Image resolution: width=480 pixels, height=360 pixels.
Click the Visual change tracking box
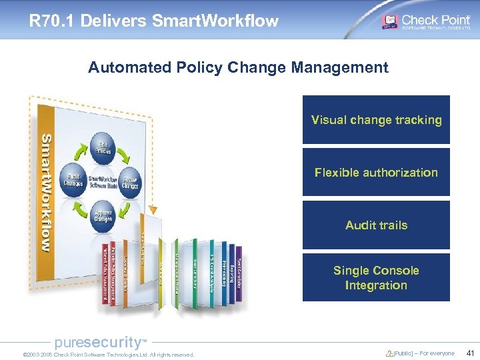[376, 120]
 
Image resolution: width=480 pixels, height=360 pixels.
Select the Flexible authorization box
[376, 172]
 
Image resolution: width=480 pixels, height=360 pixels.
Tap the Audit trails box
[376, 225]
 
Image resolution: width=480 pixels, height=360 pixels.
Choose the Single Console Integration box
[376, 277]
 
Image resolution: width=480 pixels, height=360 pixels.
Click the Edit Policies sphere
[104, 147]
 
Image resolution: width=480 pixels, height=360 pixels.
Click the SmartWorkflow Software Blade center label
[104, 181]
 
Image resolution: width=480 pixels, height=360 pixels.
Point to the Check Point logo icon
[389, 21]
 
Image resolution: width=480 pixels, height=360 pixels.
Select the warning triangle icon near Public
[389, 354]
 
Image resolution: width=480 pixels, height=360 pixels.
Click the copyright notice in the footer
[108, 355]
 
